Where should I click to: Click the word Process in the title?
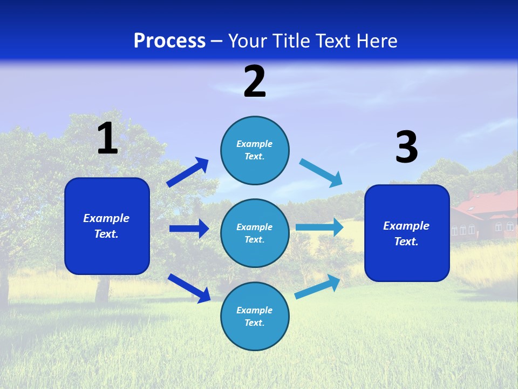click(x=169, y=41)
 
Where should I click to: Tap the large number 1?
click(x=107, y=138)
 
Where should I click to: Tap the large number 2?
click(x=255, y=82)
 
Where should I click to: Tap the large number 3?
click(x=406, y=147)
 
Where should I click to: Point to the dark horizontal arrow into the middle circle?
click(x=189, y=229)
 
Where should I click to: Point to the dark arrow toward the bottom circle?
click(x=189, y=288)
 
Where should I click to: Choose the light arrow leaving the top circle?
click(x=321, y=173)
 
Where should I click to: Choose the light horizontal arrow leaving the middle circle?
click(x=319, y=227)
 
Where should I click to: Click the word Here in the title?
click(x=378, y=41)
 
